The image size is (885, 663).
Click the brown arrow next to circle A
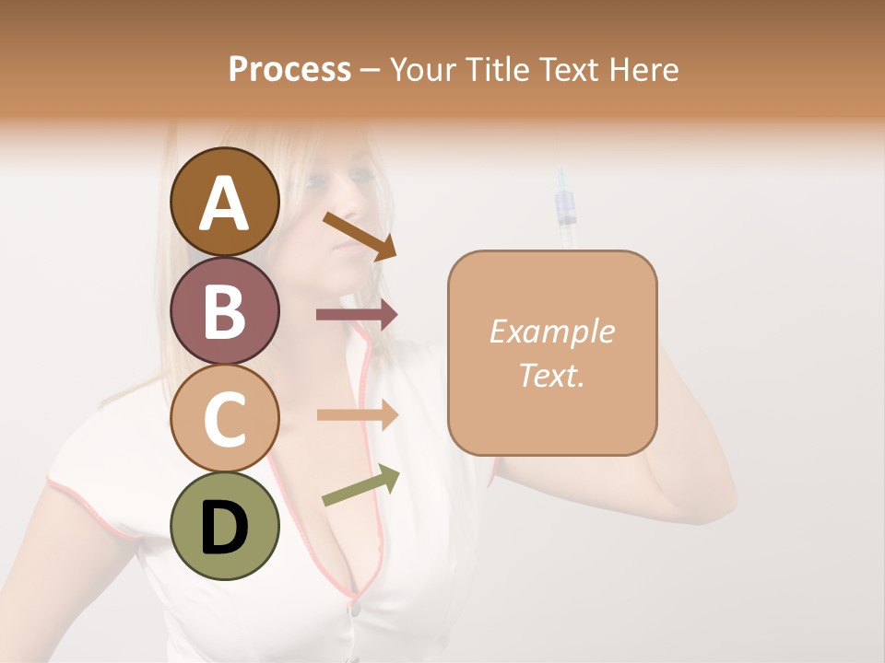(360, 236)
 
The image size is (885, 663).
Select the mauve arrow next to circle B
(357, 314)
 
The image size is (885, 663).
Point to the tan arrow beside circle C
(357, 414)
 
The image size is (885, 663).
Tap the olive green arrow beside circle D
(360, 485)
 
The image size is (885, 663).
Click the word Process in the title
(289, 69)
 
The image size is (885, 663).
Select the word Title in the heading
(498, 69)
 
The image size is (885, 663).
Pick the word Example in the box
(551, 331)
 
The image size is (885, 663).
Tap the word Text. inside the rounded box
(551, 375)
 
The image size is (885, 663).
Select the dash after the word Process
(370, 71)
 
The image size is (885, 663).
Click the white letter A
(225, 203)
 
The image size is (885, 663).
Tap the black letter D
(225, 527)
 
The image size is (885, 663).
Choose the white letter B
(225, 310)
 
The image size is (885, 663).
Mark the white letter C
(225, 418)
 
